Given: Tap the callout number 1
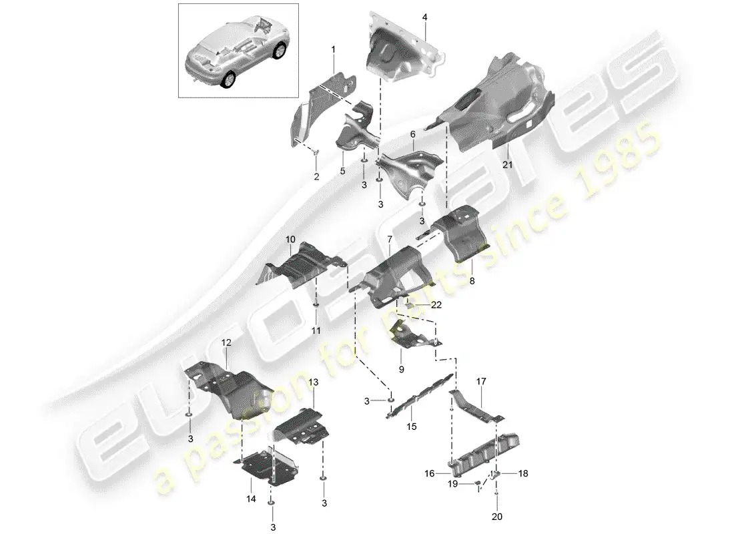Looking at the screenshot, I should click(334, 49).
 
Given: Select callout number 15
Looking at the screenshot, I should click(411, 427).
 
